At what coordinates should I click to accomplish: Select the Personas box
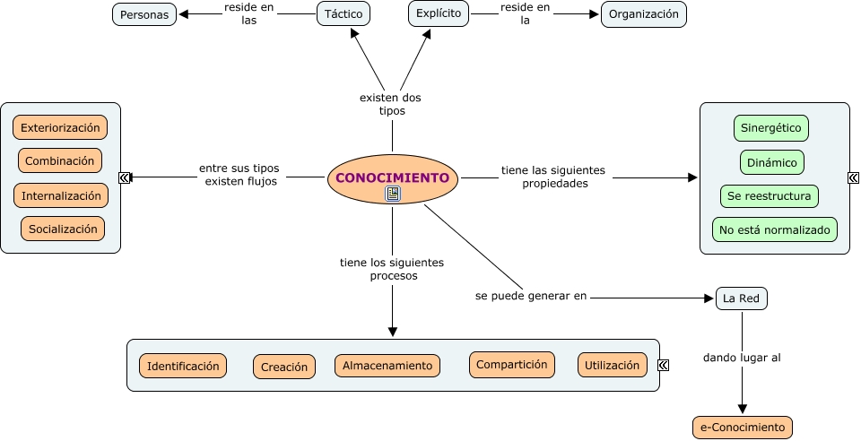click(144, 14)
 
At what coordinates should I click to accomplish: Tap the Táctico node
click(344, 14)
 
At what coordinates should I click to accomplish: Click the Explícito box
click(439, 13)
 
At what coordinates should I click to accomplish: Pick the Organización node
click(644, 14)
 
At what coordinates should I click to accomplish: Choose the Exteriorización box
click(60, 127)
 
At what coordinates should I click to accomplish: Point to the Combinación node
click(60, 161)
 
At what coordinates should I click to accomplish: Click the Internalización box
click(61, 195)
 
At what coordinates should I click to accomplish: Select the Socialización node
click(63, 229)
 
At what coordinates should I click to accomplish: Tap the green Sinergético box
click(771, 128)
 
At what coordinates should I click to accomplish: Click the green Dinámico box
click(771, 162)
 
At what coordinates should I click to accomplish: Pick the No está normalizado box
click(775, 229)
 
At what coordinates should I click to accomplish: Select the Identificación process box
click(183, 366)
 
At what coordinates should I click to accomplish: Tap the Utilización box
click(613, 365)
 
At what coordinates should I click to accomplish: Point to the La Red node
click(742, 298)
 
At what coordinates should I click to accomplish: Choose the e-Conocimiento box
click(743, 428)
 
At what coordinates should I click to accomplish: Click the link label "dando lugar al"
click(742, 357)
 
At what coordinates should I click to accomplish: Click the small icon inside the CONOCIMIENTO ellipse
click(393, 194)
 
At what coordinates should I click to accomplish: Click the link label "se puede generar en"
click(531, 296)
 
